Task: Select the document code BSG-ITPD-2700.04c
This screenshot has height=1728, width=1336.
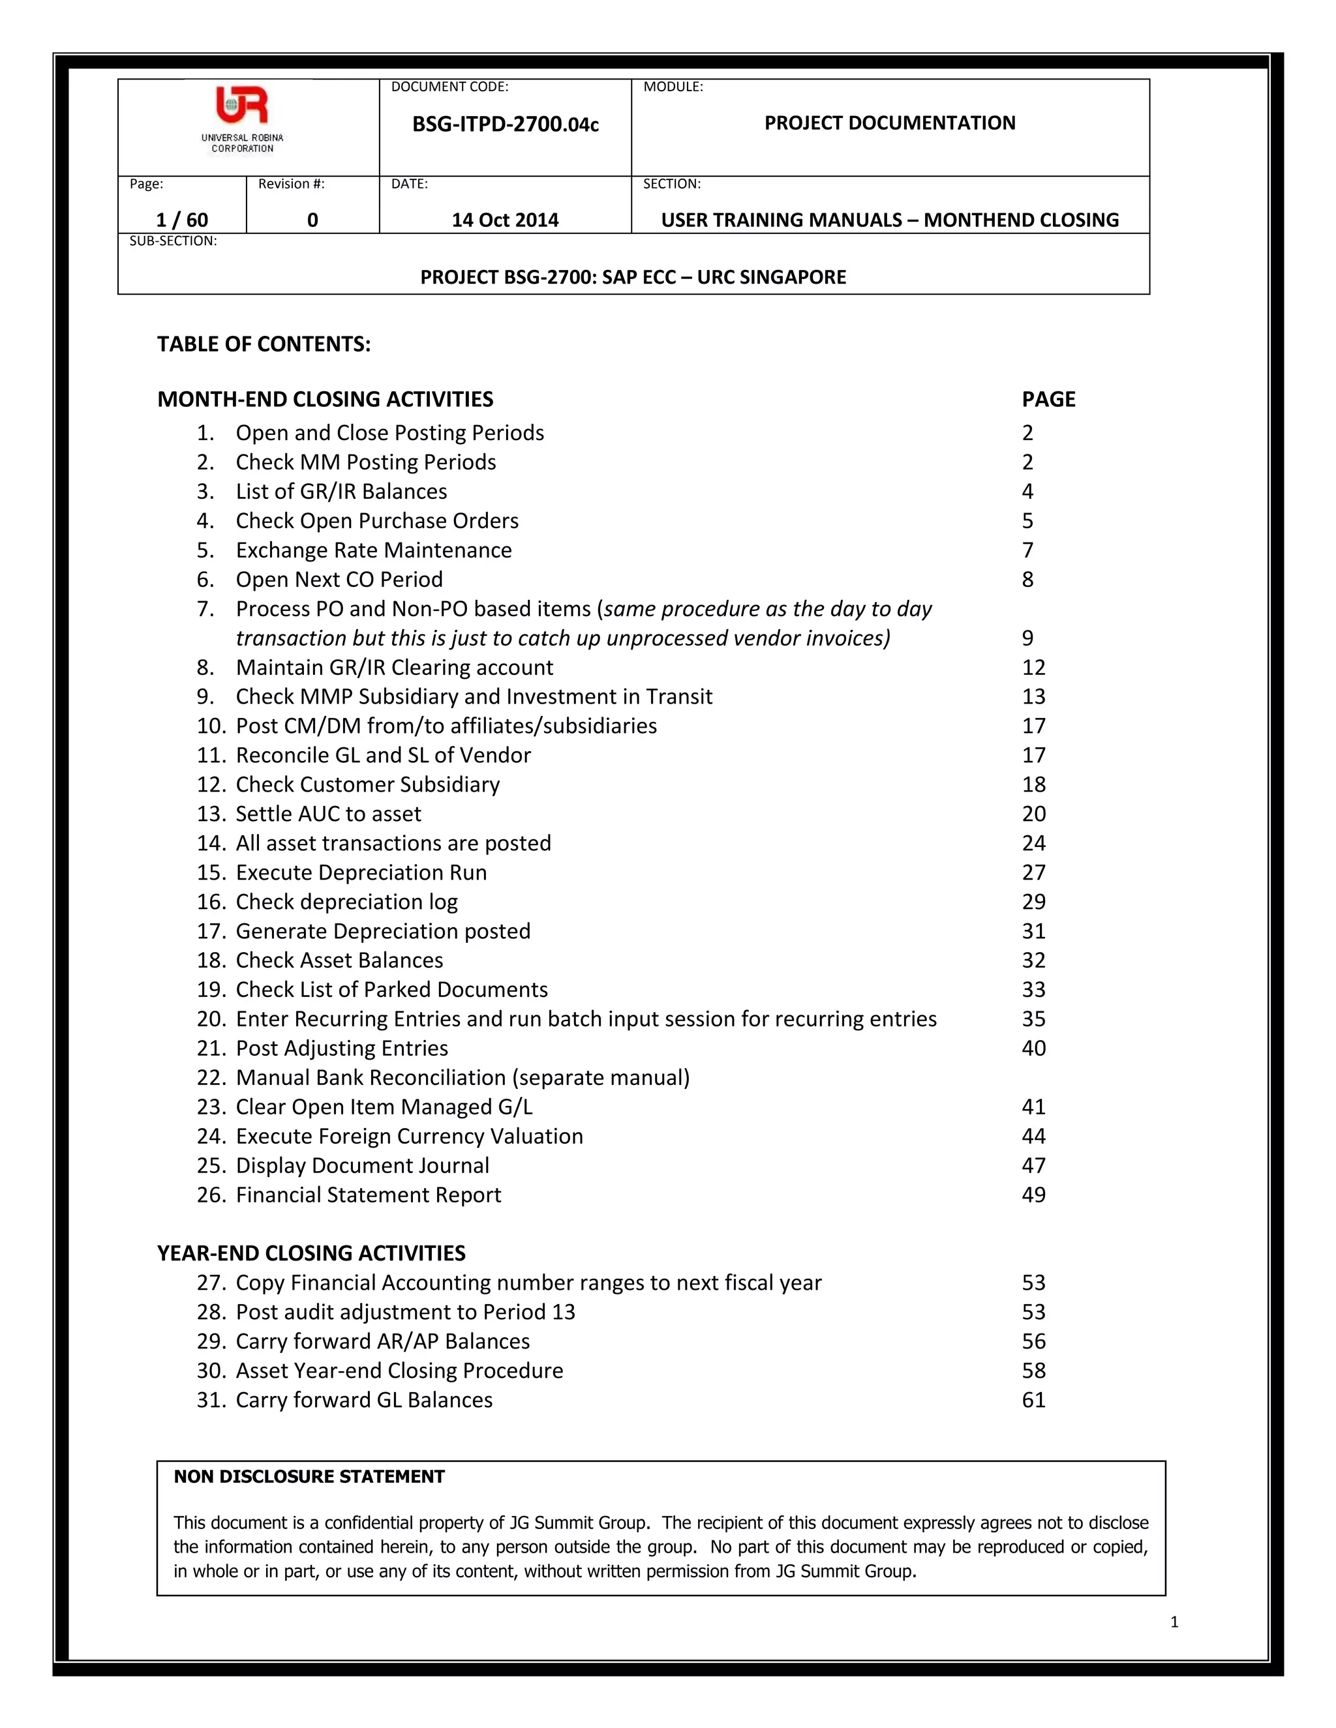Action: pyautogui.click(x=505, y=124)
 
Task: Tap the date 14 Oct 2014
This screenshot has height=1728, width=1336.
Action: pyautogui.click(x=505, y=220)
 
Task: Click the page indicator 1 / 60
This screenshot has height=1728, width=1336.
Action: pyautogui.click(x=182, y=220)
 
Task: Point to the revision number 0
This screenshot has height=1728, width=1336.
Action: pyautogui.click(x=312, y=220)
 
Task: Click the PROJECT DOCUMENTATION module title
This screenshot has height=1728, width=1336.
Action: pyautogui.click(x=890, y=123)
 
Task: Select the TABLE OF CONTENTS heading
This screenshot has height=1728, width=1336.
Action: pyautogui.click(x=264, y=344)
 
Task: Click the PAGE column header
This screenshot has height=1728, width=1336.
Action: pyautogui.click(x=1048, y=399)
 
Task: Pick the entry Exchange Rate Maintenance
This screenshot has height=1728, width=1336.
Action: pyautogui.click(x=374, y=550)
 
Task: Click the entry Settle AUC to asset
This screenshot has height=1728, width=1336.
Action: pyautogui.click(x=329, y=813)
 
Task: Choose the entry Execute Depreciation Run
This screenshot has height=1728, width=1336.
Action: pyautogui.click(x=361, y=872)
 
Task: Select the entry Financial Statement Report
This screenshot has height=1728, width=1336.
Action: pyautogui.click(x=368, y=1195)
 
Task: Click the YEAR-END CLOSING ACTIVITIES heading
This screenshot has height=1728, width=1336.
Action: pyautogui.click(x=311, y=1253)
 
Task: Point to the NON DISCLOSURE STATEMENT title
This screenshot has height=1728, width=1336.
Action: pyautogui.click(x=309, y=1476)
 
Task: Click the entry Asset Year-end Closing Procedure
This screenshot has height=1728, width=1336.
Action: pyautogui.click(x=399, y=1371)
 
